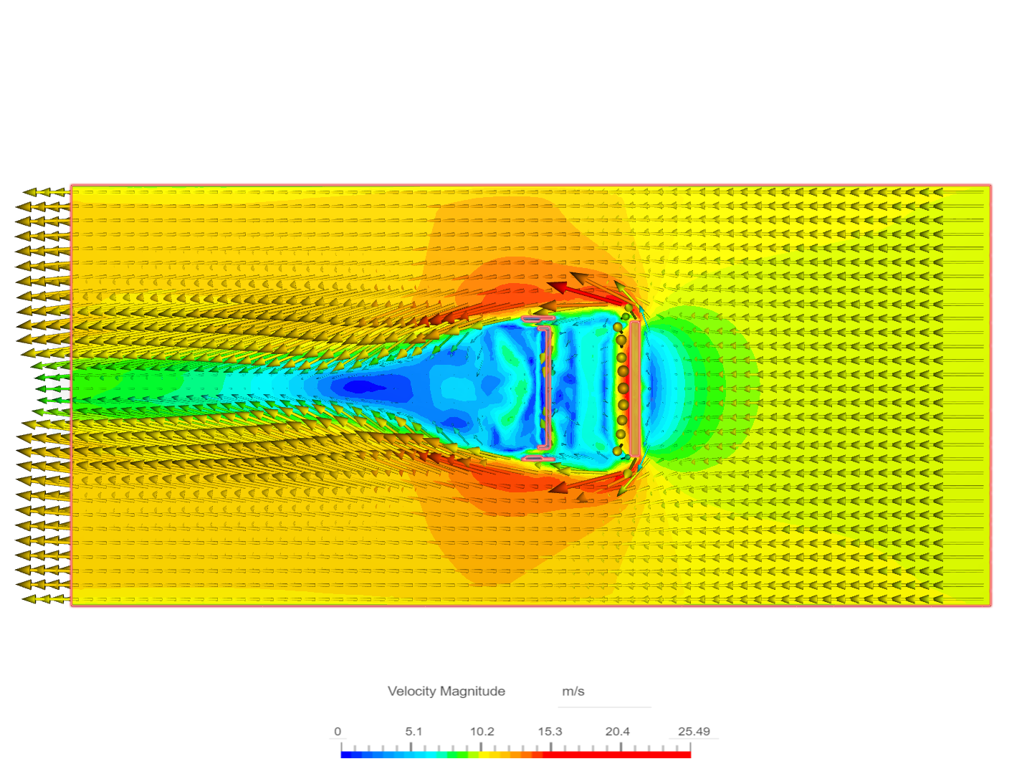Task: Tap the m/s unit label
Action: point(573,692)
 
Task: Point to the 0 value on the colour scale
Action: point(338,732)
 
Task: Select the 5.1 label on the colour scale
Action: point(414,732)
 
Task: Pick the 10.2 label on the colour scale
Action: point(482,732)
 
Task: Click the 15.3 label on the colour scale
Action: point(550,732)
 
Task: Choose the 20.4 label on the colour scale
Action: point(617,732)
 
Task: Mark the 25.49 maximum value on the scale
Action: point(694,732)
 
